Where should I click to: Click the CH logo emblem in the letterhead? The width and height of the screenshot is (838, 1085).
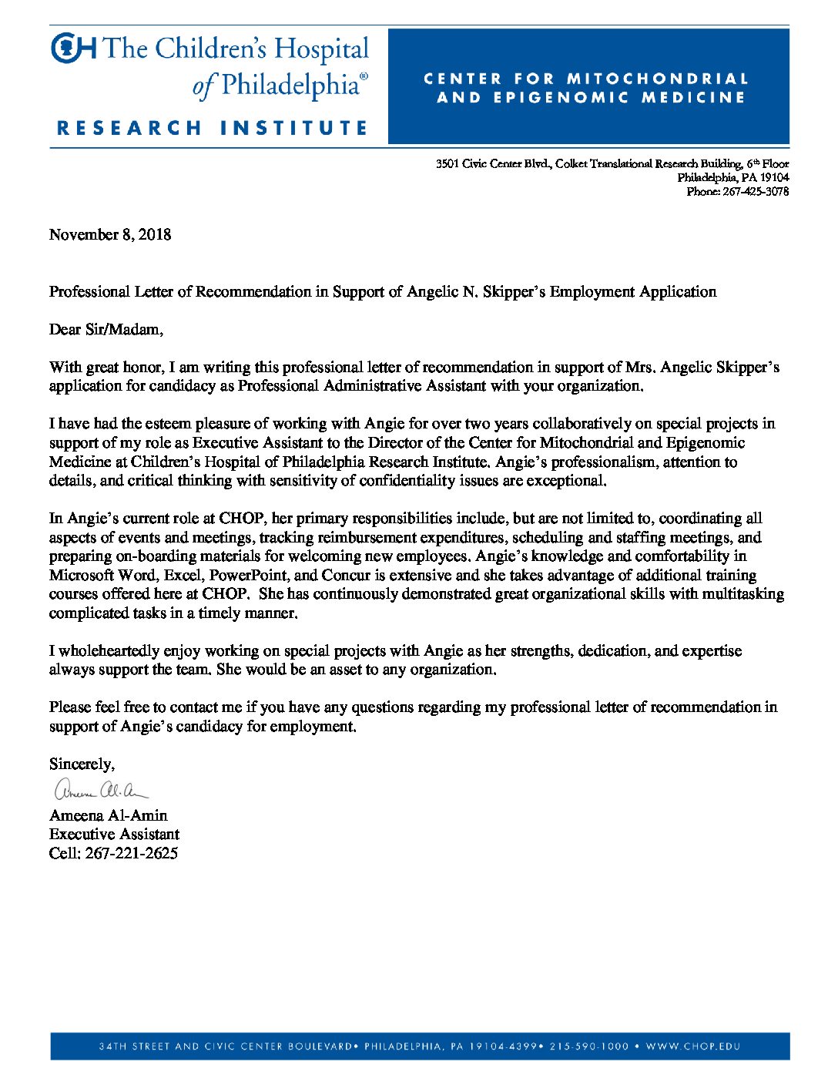[x=73, y=48]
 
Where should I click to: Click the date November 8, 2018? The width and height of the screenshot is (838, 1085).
[x=110, y=234]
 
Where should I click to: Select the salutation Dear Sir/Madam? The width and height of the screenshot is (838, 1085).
[x=106, y=330]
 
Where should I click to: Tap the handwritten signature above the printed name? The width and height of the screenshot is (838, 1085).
[x=99, y=790]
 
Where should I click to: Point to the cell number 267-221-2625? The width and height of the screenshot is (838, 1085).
[x=132, y=853]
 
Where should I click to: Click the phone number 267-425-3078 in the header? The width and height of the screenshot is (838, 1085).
[x=755, y=191]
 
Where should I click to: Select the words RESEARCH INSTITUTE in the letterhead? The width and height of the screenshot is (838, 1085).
[x=213, y=128]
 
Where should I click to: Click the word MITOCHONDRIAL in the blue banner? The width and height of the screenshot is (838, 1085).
[x=657, y=79]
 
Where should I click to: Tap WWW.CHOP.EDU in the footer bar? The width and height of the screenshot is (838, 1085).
[x=692, y=1046]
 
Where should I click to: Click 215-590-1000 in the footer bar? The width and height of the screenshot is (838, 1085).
[x=589, y=1046]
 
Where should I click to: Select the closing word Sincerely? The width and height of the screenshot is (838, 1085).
[x=82, y=764]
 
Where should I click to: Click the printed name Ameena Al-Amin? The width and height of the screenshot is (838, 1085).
[x=108, y=815]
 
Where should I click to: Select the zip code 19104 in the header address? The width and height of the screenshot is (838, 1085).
[x=774, y=177]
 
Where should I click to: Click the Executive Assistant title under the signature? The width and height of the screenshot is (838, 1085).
[x=114, y=834]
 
